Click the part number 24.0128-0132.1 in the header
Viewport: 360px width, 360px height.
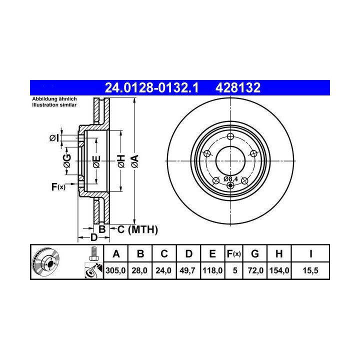[151, 87]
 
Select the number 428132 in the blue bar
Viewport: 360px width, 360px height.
[238, 87]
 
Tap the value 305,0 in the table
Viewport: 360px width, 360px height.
[115, 270]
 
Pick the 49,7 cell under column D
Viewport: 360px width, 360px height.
[187, 270]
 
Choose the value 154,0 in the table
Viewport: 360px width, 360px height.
[279, 270]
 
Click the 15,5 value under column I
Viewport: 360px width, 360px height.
[310, 270]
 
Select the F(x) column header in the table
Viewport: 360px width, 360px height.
[233, 254]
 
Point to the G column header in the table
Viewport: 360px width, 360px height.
[255, 254]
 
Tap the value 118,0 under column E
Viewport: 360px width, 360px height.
[212, 270]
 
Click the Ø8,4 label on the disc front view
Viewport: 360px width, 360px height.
[230, 179]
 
